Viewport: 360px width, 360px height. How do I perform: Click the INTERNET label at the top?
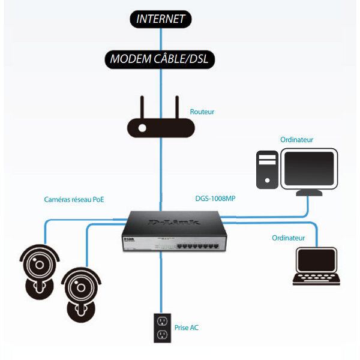[161, 19]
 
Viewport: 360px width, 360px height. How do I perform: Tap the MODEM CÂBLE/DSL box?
[161, 59]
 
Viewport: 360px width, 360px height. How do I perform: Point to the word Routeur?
[202, 112]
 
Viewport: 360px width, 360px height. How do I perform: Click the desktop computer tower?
[267, 170]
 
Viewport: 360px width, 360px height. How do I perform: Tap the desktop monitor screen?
[309, 169]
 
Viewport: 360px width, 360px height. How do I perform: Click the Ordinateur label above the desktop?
[296, 140]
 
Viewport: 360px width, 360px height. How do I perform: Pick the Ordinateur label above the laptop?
[288, 238]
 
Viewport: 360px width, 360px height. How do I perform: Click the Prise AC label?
[187, 328]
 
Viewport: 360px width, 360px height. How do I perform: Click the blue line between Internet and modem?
[161, 40]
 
